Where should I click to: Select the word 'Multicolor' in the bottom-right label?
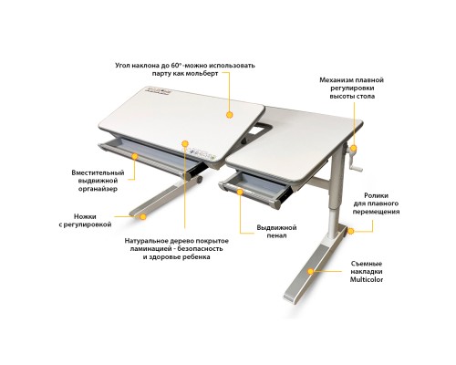coord(367,279)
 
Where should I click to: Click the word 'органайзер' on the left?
coord(98,189)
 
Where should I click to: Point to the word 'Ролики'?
coord(376,195)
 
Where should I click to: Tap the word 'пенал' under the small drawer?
coord(276,235)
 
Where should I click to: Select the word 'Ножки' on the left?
coord(85,216)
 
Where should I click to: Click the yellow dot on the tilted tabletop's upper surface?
coord(230,115)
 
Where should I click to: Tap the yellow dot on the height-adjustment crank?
coord(354,149)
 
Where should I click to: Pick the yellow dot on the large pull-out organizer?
coord(135,156)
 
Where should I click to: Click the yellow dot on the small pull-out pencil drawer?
coord(240,192)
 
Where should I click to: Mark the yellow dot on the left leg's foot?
coord(143,216)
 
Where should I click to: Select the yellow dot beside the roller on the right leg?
coord(350,231)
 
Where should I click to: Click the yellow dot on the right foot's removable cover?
coord(310,271)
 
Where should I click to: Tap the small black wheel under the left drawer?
coord(199,179)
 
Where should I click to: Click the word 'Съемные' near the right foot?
coord(367,264)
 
